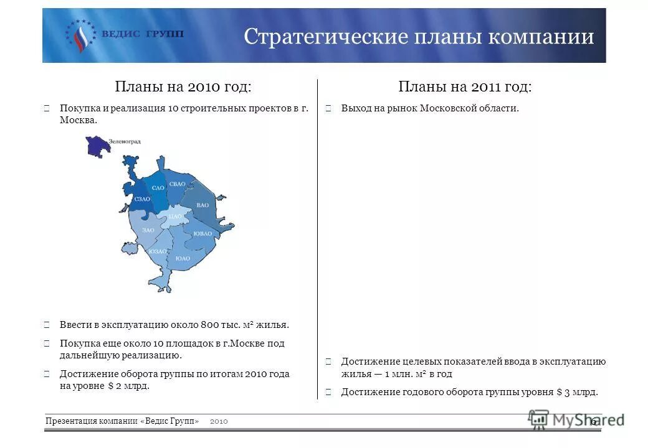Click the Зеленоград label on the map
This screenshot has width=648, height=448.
[124, 141]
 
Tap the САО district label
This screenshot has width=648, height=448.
[158, 187]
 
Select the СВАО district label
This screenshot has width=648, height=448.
[177, 184]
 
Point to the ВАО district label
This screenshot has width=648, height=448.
[202, 205]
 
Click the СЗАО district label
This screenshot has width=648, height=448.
[142, 199]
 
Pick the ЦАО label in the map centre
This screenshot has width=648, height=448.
[175, 216]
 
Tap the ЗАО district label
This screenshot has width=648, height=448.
[148, 230]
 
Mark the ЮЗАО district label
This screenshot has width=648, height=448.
[158, 251]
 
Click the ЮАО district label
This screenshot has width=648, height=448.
[183, 258]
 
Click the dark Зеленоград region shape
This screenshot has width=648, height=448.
[97, 147]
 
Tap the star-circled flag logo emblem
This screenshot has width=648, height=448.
[80, 35]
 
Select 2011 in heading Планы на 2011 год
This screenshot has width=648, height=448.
[485, 86]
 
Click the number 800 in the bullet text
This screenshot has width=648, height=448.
[209, 325]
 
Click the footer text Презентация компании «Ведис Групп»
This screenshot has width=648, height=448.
[122, 421]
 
